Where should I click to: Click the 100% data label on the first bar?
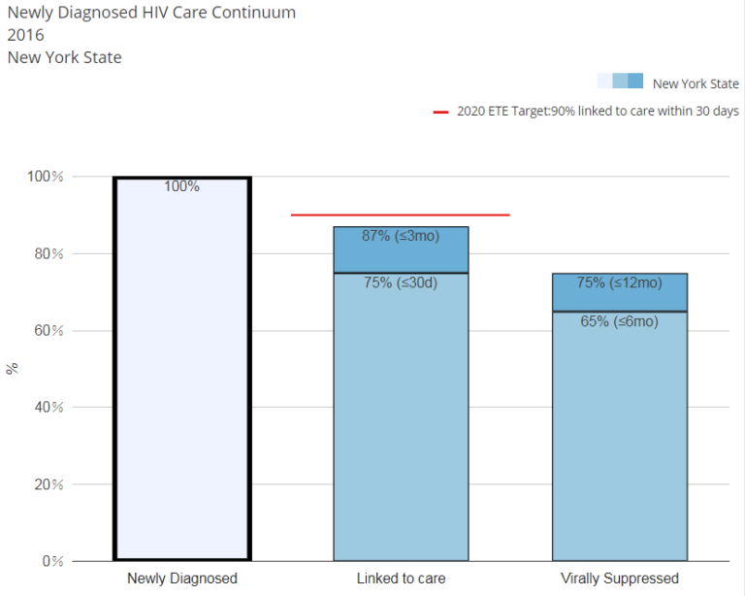pos(181,186)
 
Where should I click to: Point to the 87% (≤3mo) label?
pos(401,236)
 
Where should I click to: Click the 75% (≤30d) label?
pos(401,283)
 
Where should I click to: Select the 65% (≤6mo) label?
pos(619,321)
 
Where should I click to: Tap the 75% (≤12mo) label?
pos(619,283)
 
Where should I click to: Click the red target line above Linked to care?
pos(400,215)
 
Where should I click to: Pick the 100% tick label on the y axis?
pos(46,177)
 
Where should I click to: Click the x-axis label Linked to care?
pos(401,579)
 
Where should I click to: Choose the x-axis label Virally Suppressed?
pos(619,579)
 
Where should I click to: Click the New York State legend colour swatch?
pos(620,82)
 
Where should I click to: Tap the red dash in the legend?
pos(440,112)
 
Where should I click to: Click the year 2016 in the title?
pos(25,35)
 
